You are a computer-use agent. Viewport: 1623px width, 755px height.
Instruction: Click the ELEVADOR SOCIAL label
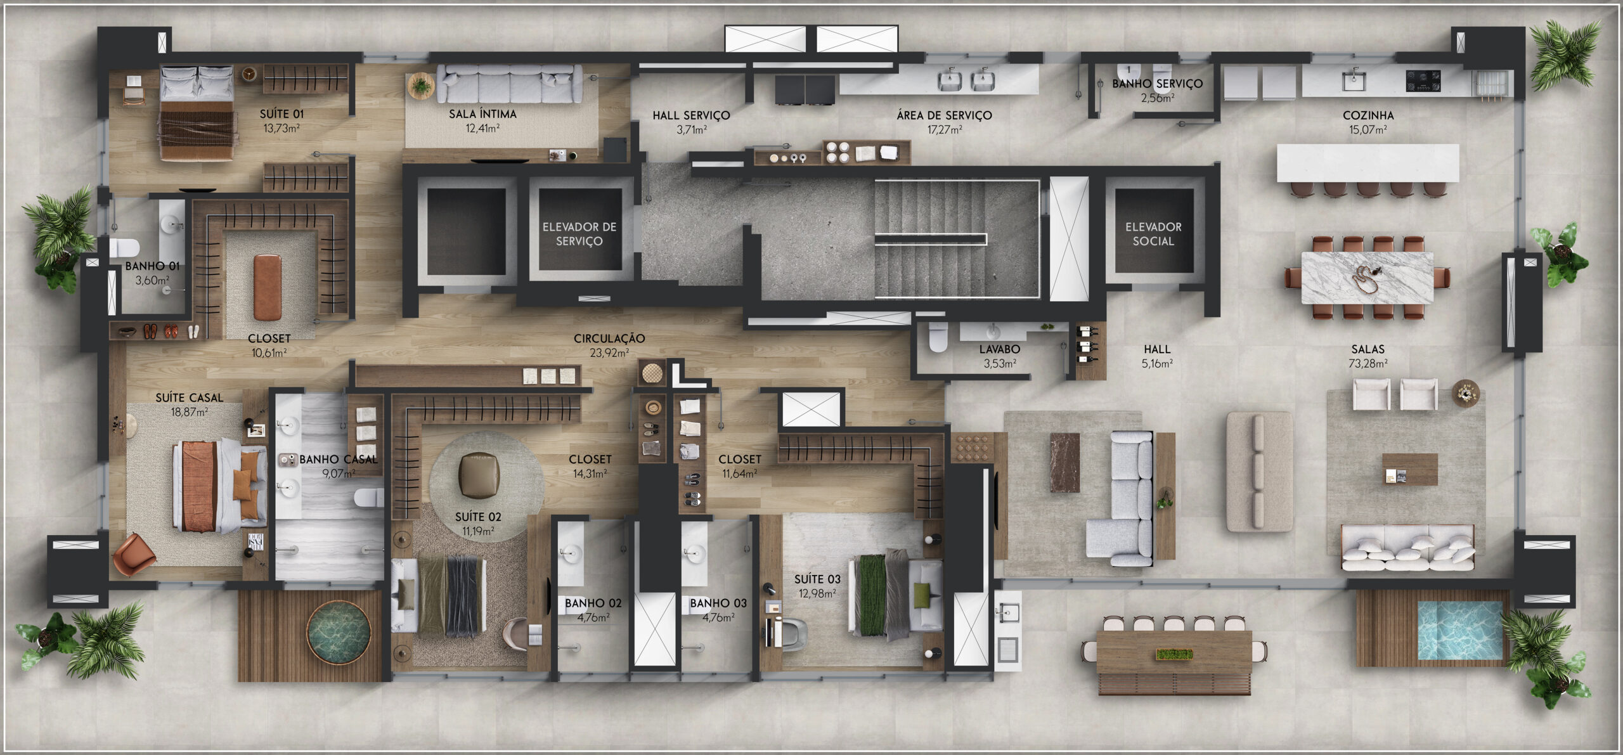pyautogui.click(x=1153, y=234)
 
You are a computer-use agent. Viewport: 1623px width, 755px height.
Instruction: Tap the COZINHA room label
pyautogui.click(x=1368, y=115)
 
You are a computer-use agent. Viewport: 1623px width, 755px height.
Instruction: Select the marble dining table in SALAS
pyautogui.click(x=1367, y=278)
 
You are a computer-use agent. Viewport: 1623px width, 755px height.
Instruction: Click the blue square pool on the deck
pyautogui.click(x=1459, y=630)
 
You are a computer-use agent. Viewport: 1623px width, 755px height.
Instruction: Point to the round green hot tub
pyautogui.click(x=339, y=633)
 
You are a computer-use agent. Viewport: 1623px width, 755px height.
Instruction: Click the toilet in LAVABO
pyautogui.click(x=938, y=337)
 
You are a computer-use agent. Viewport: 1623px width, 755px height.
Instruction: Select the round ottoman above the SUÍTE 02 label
pyautogui.click(x=479, y=475)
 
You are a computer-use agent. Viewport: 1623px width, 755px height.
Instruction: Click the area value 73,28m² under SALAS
pyautogui.click(x=1368, y=364)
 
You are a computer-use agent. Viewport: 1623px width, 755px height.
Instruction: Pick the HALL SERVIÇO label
pyautogui.click(x=691, y=115)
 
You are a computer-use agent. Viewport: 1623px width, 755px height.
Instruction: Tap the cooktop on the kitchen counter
pyautogui.click(x=1423, y=81)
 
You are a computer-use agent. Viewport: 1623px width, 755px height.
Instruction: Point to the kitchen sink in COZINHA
pyautogui.click(x=1354, y=81)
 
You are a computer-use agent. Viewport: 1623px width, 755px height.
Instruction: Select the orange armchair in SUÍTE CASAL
pyautogui.click(x=134, y=554)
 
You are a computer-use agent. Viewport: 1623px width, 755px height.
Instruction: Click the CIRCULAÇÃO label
pyautogui.click(x=609, y=339)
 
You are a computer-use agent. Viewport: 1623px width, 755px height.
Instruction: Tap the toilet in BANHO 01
pyautogui.click(x=124, y=247)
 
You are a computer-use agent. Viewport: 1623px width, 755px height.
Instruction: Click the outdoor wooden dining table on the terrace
pyautogui.click(x=1174, y=654)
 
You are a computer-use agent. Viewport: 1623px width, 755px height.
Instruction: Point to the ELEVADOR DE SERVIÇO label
pyautogui.click(x=579, y=234)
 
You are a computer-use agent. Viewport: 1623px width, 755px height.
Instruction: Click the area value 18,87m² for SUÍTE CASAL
pyautogui.click(x=189, y=412)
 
